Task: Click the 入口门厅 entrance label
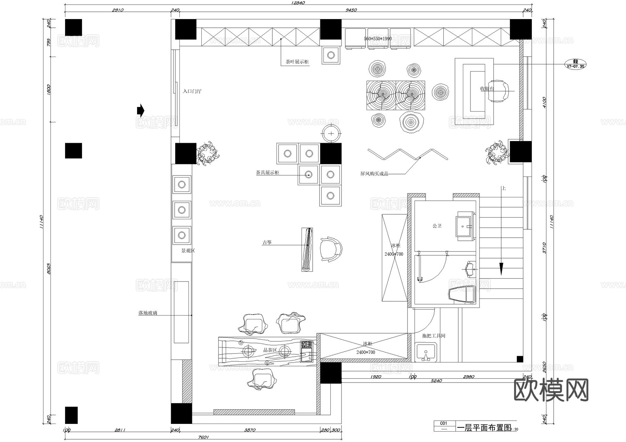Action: (192, 91)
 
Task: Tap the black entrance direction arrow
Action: (140, 110)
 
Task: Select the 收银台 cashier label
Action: (487, 89)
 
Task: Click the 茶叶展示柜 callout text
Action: (297, 62)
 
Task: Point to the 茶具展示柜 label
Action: (267, 172)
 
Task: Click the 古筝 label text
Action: (267, 243)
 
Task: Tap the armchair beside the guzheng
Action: (331, 249)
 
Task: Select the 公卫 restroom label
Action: (437, 226)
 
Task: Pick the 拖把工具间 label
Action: (433, 336)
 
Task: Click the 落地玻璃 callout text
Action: (148, 313)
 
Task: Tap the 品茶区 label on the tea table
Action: (270, 350)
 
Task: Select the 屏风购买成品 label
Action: (374, 174)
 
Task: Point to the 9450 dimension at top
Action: (351, 10)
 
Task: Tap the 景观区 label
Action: (188, 251)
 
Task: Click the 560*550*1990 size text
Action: (378, 39)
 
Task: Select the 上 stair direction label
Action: (503, 188)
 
